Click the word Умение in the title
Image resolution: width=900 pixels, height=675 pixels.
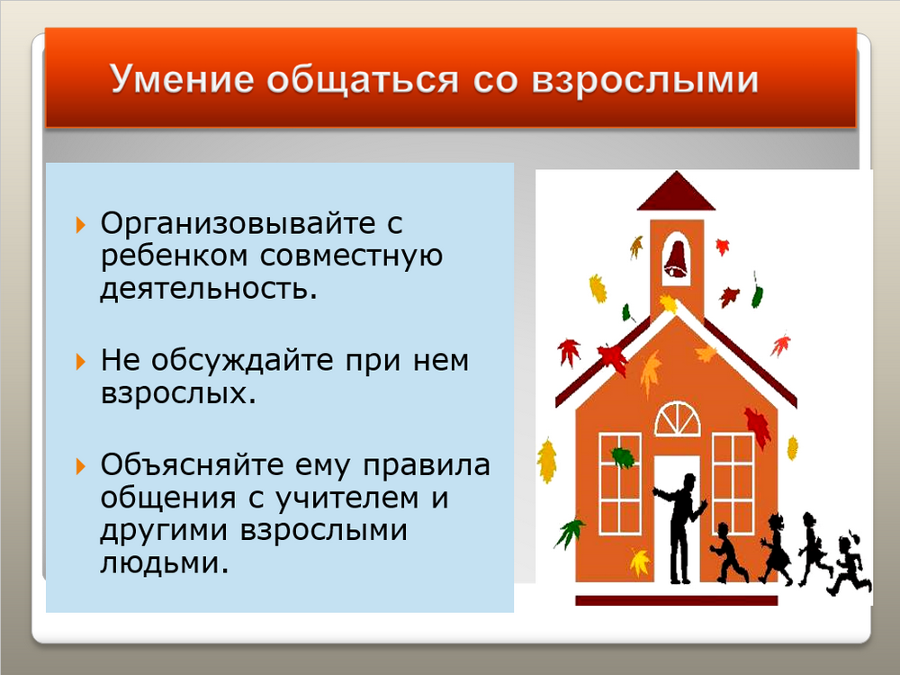point(182,78)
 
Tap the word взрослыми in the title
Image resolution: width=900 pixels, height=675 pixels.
point(645,79)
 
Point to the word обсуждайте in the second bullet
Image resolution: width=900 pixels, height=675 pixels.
point(241,362)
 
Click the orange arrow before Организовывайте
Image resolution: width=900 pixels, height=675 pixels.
point(80,224)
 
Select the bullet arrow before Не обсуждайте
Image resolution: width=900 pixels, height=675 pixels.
point(80,362)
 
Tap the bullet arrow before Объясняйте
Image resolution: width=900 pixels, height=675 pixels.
point(80,466)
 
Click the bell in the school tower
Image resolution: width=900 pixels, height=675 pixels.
point(677,259)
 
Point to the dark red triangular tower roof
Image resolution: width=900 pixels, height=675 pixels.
point(677,194)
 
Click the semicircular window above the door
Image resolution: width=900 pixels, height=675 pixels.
point(678,419)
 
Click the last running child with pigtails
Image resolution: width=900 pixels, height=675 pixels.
point(850,564)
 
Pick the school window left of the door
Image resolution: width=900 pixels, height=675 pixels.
point(620,484)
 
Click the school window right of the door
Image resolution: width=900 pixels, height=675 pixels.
point(733,484)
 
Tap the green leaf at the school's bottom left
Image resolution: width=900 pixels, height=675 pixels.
point(570,532)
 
